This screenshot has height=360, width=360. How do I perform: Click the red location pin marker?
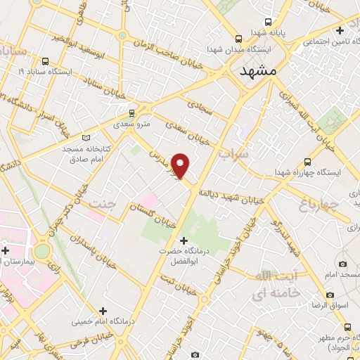click(181, 166)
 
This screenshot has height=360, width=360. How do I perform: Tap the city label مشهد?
click(258, 72)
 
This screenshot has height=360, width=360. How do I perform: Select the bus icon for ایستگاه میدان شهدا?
click(239, 39)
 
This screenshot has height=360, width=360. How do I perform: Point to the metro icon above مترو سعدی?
click(131, 112)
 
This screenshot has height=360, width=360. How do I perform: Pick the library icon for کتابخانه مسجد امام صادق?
click(86, 138)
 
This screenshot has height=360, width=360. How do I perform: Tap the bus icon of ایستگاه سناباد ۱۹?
click(46, 60)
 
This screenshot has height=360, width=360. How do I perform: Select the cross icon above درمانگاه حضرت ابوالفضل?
click(185, 240)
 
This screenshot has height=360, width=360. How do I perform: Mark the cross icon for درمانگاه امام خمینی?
click(103, 310)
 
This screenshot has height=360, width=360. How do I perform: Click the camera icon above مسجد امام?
click(342, 264)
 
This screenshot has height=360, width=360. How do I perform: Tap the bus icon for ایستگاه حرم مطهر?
click(349, 327)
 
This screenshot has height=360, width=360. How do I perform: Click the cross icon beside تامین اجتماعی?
click(340, 30)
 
